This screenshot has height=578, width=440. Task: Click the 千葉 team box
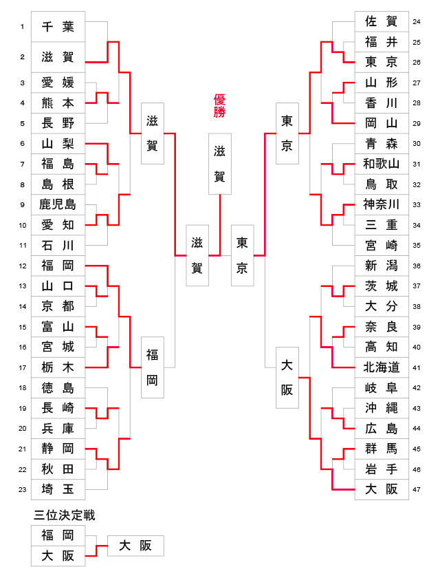[58, 26]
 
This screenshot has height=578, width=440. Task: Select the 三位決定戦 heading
[65, 515]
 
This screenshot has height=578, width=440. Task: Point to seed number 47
[417, 490]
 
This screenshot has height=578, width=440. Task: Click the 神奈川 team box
[381, 204]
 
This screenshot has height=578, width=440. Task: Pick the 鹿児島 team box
[58, 204]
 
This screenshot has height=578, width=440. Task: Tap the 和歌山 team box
[381, 164]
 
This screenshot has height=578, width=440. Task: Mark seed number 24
[417, 21]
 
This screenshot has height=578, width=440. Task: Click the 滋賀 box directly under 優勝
[219, 164]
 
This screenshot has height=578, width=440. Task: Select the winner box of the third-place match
[135, 546]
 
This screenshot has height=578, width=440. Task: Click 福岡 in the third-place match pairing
[58, 535]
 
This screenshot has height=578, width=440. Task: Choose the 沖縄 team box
[381, 408]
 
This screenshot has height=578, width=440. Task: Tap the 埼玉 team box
[58, 489]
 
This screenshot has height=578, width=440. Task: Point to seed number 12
[22, 266]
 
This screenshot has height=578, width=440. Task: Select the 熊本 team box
[58, 103]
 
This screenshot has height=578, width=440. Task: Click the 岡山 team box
[381, 123]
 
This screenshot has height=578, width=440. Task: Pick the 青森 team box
[381, 144]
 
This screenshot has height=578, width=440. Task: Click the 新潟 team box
[381, 266]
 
